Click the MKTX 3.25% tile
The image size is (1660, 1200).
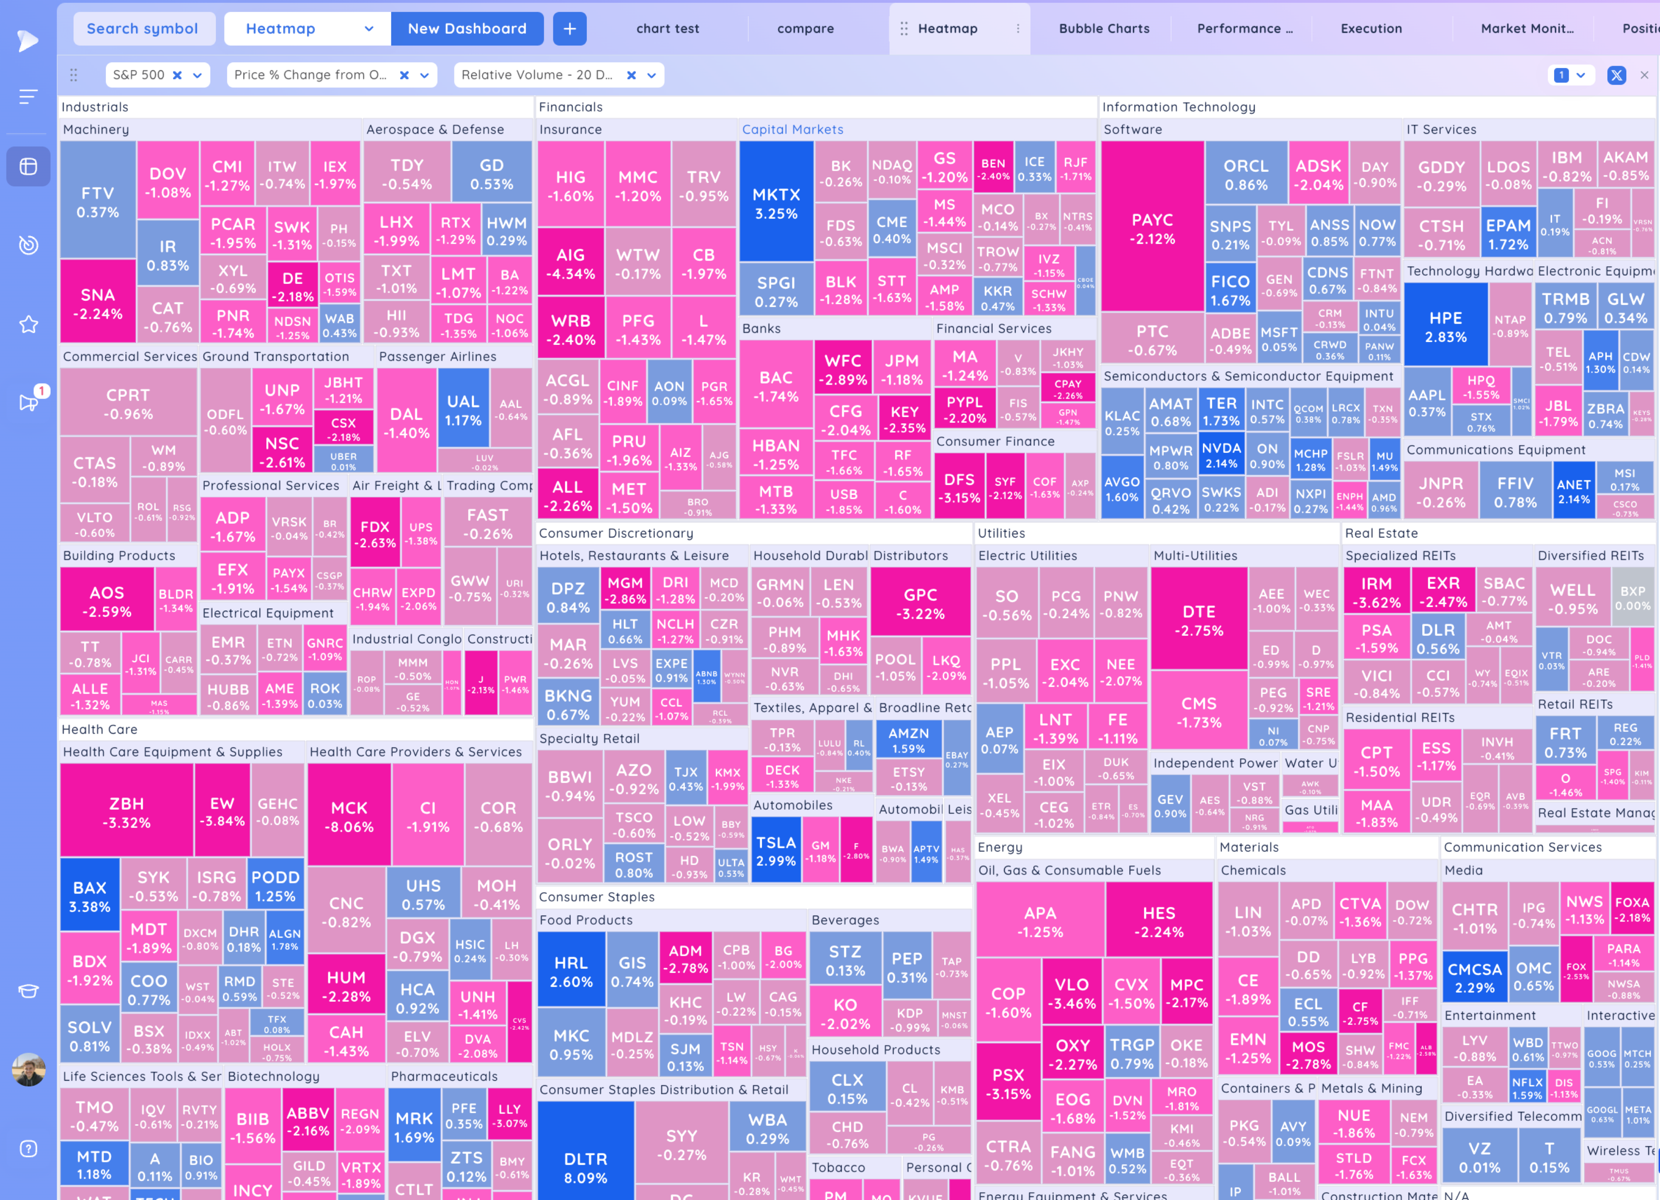[776, 203]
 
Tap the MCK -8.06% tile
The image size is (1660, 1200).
[349, 817]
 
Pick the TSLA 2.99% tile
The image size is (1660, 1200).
[776, 851]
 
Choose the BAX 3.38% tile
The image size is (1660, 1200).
[89, 896]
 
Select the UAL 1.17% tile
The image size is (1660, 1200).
[463, 410]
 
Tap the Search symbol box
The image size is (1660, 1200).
[143, 29]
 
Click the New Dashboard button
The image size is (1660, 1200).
[467, 29]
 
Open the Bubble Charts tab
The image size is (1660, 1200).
[1104, 29]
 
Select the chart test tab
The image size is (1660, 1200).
[667, 29]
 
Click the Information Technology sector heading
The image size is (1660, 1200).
[1179, 107]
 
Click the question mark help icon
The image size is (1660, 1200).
[29, 1148]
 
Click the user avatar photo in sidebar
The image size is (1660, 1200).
[29, 1070]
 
